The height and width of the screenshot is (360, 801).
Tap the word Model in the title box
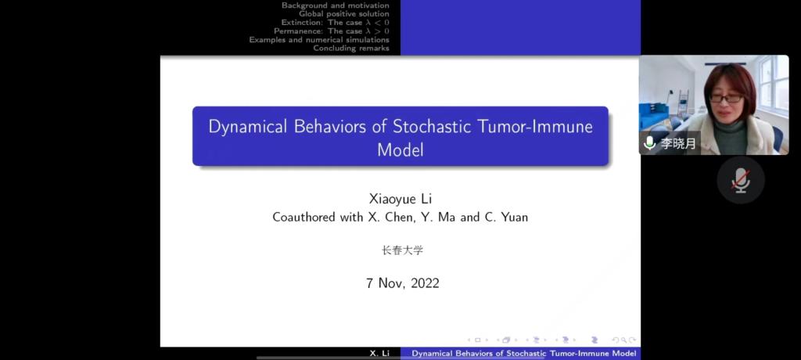400,149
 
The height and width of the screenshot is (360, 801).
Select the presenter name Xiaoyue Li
400,200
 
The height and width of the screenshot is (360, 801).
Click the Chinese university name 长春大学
403,250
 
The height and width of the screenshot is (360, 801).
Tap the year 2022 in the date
425,283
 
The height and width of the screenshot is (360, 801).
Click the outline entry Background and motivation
335,5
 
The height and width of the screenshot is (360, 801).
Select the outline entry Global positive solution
344,14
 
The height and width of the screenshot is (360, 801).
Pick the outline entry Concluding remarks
351,48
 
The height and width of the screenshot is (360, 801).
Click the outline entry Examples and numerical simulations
319,39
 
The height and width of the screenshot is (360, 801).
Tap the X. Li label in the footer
379,354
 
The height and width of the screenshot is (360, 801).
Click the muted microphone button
740,180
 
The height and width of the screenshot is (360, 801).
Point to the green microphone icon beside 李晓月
650,142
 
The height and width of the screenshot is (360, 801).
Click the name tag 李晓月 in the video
678,144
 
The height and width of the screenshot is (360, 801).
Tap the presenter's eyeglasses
726,98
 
